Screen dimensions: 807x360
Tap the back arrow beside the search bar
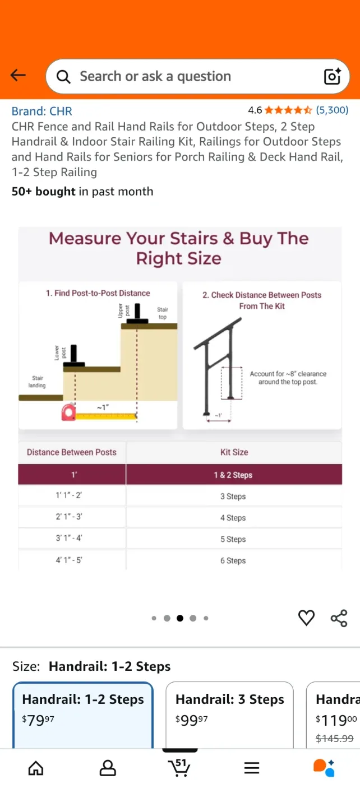pyautogui.click(x=18, y=76)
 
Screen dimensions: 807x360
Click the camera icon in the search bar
pyautogui.click(x=332, y=76)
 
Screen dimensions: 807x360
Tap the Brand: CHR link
pyautogui.click(x=42, y=111)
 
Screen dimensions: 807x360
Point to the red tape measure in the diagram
pyautogui.click(x=69, y=413)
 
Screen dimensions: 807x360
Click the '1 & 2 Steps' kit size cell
pyautogui.click(x=233, y=475)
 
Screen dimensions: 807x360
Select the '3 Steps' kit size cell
pyautogui.click(x=233, y=496)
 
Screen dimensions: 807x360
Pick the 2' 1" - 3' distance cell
pyautogui.click(x=72, y=517)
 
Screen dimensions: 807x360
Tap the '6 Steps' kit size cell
pyautogui.click(x=233, y=560)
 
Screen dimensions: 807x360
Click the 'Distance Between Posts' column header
pyautogui.click(x=72, y=452)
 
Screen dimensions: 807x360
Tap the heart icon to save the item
pyautogui.click(x=306, y=618)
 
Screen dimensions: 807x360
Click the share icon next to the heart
pyautogui.click(x=339, y=618)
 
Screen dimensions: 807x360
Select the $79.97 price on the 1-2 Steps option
pyautogui.click(x=38, y=720)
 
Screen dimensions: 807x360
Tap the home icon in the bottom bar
pyautogui.click(x=36, y=768)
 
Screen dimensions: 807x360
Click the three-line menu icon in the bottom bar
pyautogui.click(x=252, y=768)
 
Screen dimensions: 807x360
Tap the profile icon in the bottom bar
pyautogui.click(x=108, y=768)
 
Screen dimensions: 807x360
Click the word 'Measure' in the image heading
pyautogui.click(x=84, y=239)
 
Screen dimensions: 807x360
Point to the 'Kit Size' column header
pyautogui.click(x=234, y=452)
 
